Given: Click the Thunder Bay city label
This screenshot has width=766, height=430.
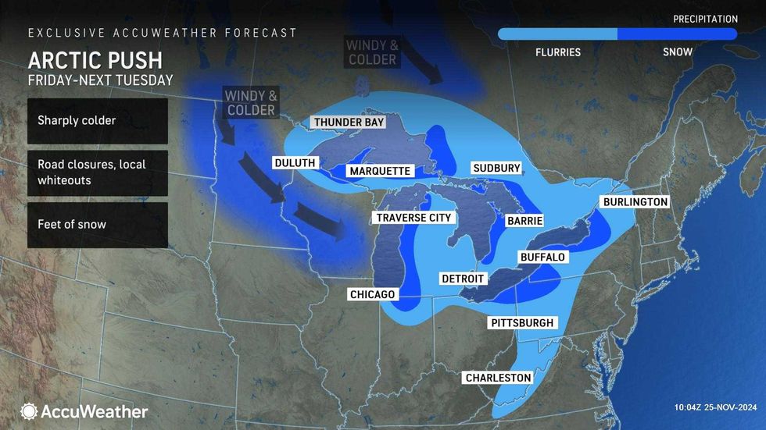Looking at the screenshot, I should pos(348,123).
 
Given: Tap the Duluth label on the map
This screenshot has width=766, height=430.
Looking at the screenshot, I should pos(295,163).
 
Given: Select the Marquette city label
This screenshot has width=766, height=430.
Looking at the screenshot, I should pos(380,171).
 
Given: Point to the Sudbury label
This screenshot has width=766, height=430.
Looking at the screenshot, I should pos(496,169).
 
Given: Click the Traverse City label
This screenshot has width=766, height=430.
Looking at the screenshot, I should pos(413,218).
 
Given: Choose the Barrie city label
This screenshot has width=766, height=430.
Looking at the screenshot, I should pos(524,221).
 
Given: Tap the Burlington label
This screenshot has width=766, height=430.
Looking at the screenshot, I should pos(635,202).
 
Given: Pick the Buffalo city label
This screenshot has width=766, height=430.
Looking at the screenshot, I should pos(542,257).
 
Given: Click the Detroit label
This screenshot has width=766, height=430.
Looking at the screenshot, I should pos(463,279).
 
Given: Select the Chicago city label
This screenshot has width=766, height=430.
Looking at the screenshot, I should pos(373,294).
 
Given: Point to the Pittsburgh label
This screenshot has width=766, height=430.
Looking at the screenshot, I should pos(521,323).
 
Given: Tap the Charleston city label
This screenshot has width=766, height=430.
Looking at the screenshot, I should pos(498,378).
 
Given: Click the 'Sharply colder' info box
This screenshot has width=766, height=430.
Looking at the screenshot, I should pos(98,121).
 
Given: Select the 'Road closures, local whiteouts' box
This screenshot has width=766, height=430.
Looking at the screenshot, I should pos(98,172).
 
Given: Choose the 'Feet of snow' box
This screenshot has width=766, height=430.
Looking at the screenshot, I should pos(98,225).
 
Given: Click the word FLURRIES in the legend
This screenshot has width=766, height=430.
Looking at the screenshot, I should pos(557,53).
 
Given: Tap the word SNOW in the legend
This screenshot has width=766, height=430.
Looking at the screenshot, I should pos(677,53).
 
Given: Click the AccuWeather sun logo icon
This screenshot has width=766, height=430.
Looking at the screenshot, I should pos(29,411).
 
